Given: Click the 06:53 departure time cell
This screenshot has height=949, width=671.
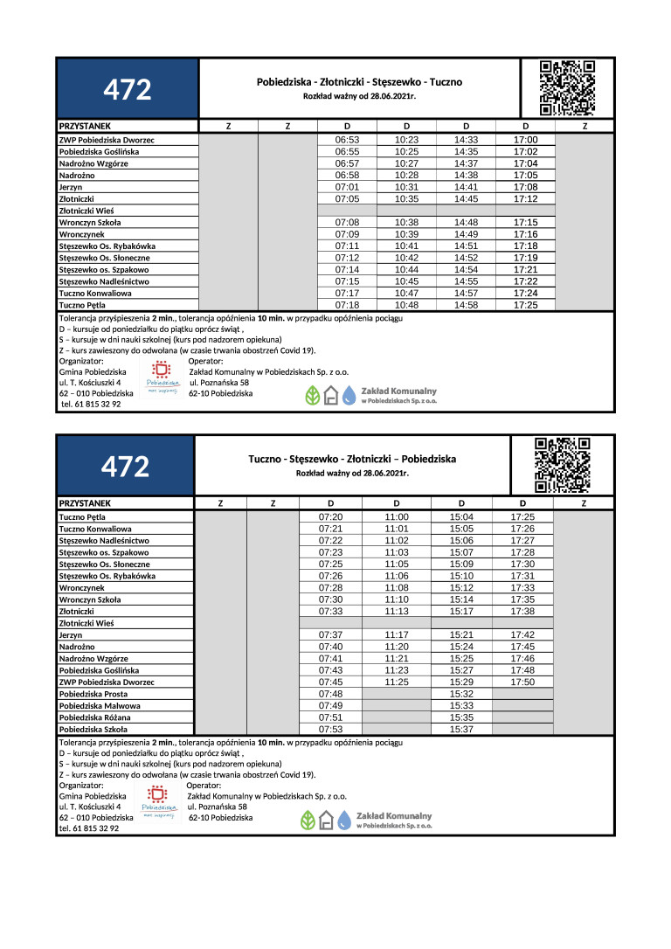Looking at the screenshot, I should click(348, 140).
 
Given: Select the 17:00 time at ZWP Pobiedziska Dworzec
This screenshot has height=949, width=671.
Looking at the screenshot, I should click(526, 140).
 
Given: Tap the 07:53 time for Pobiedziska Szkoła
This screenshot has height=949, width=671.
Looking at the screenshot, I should click(330, 729).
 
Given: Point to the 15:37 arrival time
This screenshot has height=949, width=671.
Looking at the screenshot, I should click(461, 729).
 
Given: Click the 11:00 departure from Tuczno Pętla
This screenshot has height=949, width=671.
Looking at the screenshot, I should click(397, 517).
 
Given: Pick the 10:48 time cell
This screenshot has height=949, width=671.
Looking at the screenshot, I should click(407, 306).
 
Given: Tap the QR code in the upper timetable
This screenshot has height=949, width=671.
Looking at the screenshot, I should click(567, 88).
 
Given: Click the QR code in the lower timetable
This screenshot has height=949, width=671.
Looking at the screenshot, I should click(562, 466).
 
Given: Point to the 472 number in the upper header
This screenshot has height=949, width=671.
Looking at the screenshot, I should click(128, 89).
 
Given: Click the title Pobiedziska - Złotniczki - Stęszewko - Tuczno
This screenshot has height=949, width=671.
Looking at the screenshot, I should click(359, 82).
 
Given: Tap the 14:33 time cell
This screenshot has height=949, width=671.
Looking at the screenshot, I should click(467, 140).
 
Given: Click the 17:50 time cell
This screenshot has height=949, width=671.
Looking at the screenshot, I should click(522, 682).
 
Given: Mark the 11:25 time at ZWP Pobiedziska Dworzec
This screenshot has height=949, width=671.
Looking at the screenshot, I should click(397, 682).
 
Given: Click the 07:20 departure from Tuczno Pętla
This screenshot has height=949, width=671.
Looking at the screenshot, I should click(330, 517).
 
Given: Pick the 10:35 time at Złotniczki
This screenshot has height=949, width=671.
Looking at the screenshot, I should click(407, 199).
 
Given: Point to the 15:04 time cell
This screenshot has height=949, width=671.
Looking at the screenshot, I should click(461, 517).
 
